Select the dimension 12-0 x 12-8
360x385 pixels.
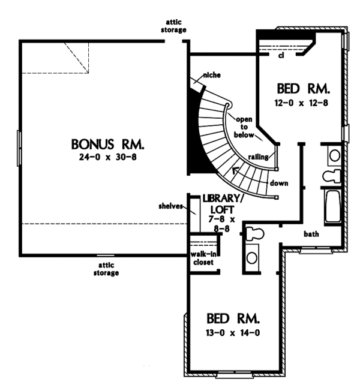coord(302,103)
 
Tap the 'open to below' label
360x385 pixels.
coord(242,127)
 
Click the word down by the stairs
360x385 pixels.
coord(277,182)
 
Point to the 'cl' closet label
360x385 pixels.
coord(280,56)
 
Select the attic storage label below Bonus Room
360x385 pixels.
coord(106,269)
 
